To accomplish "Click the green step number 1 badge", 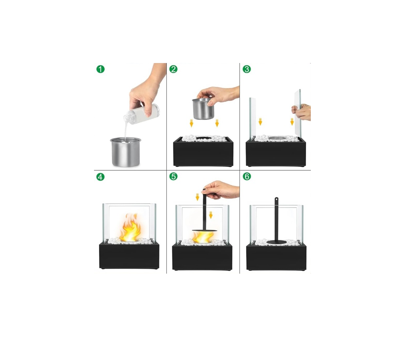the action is click(100, 69).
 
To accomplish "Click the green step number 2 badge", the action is click(173, 69).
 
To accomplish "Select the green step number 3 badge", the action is click(247, 69).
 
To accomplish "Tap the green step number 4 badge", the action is click(100, 177).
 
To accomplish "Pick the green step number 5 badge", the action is click(173, 176).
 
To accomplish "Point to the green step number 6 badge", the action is click(247, 176).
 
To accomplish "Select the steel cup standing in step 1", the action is click(125, 152).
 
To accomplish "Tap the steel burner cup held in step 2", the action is click(203, 109).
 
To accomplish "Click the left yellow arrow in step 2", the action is click(191, 123).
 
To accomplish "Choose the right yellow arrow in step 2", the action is click(217, 123).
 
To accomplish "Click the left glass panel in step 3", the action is click(252, 119).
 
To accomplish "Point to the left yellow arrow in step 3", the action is click(260, 122).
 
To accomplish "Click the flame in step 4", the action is click(130, 227).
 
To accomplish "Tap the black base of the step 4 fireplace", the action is click(129, 255).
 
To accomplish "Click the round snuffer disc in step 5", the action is click(205, 230).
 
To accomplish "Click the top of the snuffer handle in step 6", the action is click(276, 199).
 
